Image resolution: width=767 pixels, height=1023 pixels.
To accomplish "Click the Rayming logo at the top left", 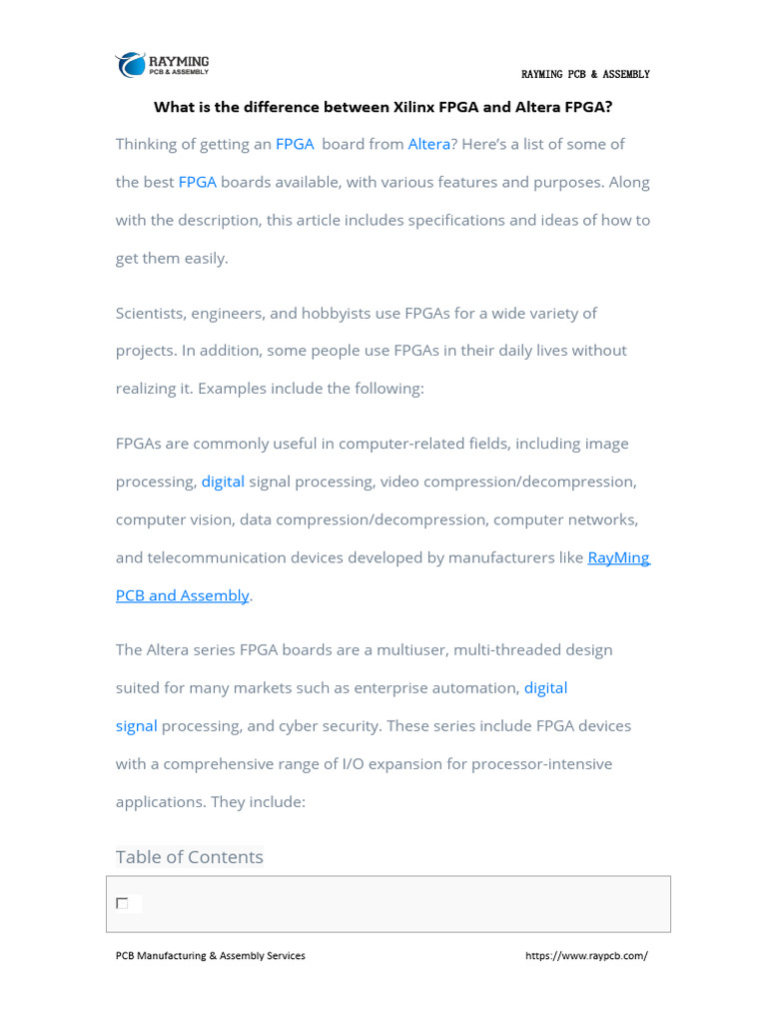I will pos(162,65).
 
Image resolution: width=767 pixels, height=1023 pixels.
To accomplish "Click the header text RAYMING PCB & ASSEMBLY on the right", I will pos(585,75).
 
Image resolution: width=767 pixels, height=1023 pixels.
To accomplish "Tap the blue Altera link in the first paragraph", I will pos(428,144).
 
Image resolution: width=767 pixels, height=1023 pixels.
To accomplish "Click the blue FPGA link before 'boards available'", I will pos(197,182).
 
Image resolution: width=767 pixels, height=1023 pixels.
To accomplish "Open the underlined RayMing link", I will pos(618,557).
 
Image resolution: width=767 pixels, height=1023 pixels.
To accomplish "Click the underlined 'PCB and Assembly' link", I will pos(182,595).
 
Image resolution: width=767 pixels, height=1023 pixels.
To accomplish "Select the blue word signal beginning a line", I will pos(136,725).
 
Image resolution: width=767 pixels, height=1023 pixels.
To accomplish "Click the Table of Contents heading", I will pos(190,857).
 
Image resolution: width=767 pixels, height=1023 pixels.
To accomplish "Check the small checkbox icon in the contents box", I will pos(122,904).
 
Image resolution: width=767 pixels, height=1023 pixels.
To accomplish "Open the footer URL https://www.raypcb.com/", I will pos(586,956).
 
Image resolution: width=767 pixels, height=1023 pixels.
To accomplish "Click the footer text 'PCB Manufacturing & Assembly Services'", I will pos(211,956).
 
